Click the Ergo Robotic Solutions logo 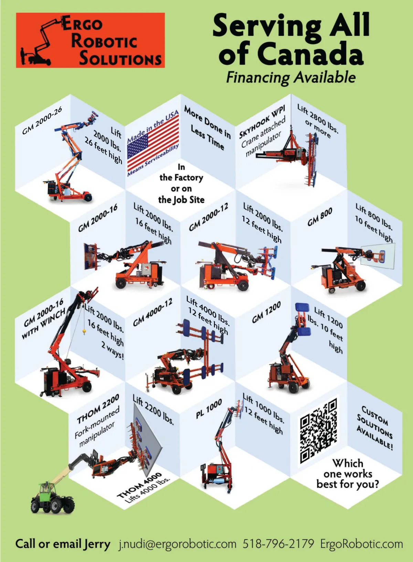pyautogui.click(x=90, y=40)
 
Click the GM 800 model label pyautogui.click(x=320, y=217)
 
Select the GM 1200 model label pyautogui.click(x=266, y=312)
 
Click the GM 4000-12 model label pyautogui.click(x=152, y=313)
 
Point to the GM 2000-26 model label pyautogui.click(x=42, y=120)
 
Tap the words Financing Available pyautogui.click(x=291, y=78)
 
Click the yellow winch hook pyautogui.click(x=84, y=332)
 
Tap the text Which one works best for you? pyautogui.click(x=348, y=474)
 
